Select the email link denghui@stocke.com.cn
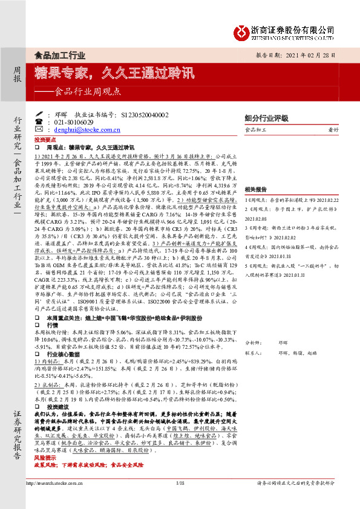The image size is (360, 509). (x=79, y=129)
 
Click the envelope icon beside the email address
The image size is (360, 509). (x=40, y=129)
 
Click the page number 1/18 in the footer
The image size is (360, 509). (x=180, y=501)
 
